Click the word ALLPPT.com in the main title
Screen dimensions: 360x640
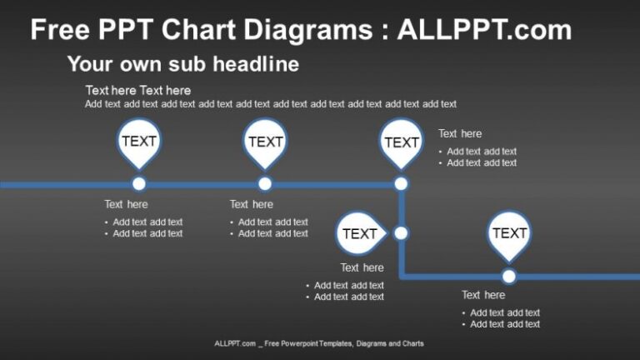[x=484, y=31]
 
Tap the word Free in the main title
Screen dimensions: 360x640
[x=61, y=31]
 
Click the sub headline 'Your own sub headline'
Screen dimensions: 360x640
[x=182, y=64]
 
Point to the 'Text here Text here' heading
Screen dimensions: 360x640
[x=137, y=90]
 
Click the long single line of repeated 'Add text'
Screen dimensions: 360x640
[x=271, y=104]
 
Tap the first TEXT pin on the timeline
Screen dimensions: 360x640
[x=139, y=142]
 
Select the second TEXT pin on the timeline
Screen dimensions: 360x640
[x=265, y=142]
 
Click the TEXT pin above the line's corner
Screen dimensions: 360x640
[x=401, y=142]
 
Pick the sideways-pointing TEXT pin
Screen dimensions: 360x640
[x=360, y=233]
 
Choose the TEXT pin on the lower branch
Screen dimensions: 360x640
[x=509, y=233]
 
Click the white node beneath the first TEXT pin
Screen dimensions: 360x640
[x=139, y=184]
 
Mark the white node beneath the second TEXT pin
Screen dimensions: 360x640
[x=265, y=184]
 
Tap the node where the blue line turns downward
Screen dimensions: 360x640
[x=401, y=184]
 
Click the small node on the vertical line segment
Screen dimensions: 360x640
[x=401, y=233]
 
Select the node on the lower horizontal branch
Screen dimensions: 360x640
[x=509, y=276]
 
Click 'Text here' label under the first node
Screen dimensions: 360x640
[x=126, y=204]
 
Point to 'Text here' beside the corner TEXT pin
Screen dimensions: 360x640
[x=460, y=133]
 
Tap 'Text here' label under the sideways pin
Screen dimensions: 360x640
[x=362, y=267]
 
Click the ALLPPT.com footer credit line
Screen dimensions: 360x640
[x=319, y=343]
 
